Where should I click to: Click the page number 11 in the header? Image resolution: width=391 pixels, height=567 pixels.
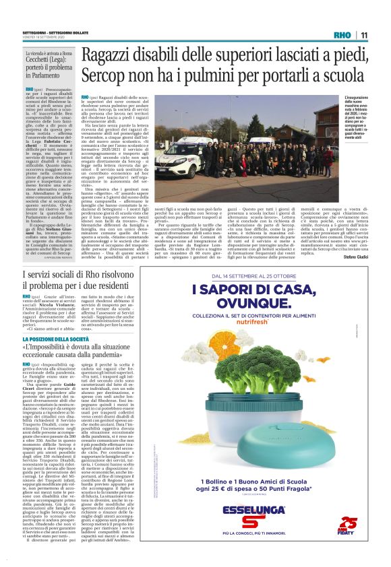364,35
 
